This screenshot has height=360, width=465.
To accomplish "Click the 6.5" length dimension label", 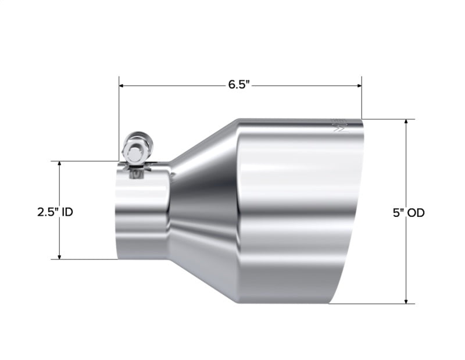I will click(x=238, y=85).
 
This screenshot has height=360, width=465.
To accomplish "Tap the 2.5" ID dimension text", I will click(x=55, y=212).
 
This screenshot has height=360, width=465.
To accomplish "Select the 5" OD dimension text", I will click(x=408, y=213).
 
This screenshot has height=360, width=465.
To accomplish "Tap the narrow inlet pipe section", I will click(x=142, y=215).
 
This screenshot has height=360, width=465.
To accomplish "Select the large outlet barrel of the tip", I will click(x=296, y=215).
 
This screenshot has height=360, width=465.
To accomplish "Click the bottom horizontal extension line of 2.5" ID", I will click(x=87, y=259).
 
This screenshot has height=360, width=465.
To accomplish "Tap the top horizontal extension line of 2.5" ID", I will click(x=87, y=161).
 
